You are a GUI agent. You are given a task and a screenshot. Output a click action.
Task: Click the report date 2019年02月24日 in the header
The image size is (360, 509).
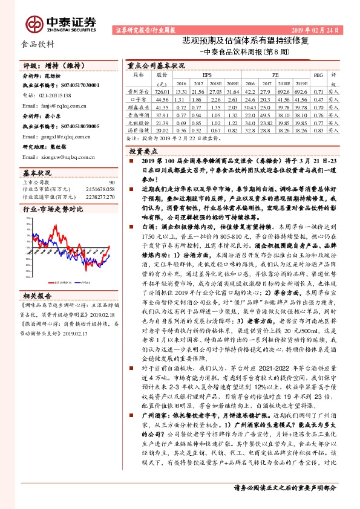[x=320, y=29]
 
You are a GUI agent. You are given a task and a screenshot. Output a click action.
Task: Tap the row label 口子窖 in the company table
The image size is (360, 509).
[x=140, y=98]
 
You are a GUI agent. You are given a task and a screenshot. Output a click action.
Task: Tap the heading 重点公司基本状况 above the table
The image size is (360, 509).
[x=156, y=64]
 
